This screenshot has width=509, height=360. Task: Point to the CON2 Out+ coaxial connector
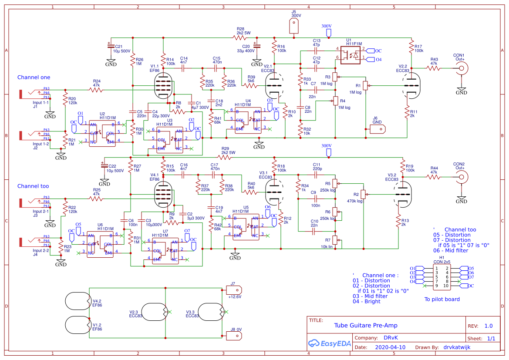point(461,177)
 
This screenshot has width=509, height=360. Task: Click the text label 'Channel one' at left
point(34,77)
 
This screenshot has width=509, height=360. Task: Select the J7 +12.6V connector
point(233,289)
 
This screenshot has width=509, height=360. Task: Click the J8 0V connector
point(233,335)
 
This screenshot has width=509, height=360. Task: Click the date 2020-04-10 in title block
point(390,347)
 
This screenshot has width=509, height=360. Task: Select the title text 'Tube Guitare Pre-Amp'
point(365,325)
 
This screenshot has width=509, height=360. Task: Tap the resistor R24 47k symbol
point(96,90)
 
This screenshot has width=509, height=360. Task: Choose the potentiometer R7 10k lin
point(335,240)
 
